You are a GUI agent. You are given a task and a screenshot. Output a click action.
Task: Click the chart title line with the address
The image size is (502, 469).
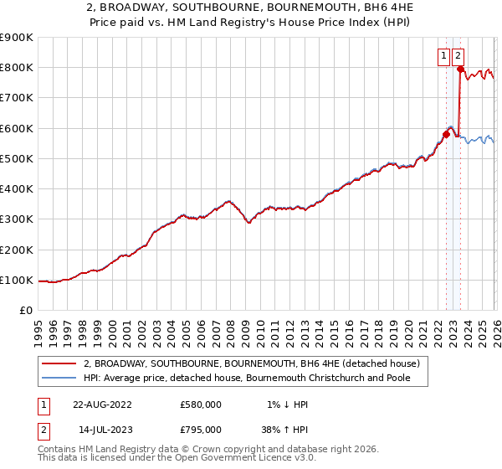pos(251,8)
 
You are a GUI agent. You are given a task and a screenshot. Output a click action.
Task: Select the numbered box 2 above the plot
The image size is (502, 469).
pos(458,56)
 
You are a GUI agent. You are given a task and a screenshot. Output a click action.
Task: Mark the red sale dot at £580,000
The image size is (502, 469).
pos(446,134)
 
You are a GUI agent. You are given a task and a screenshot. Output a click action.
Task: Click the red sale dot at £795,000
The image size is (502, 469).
pos(459,69)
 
